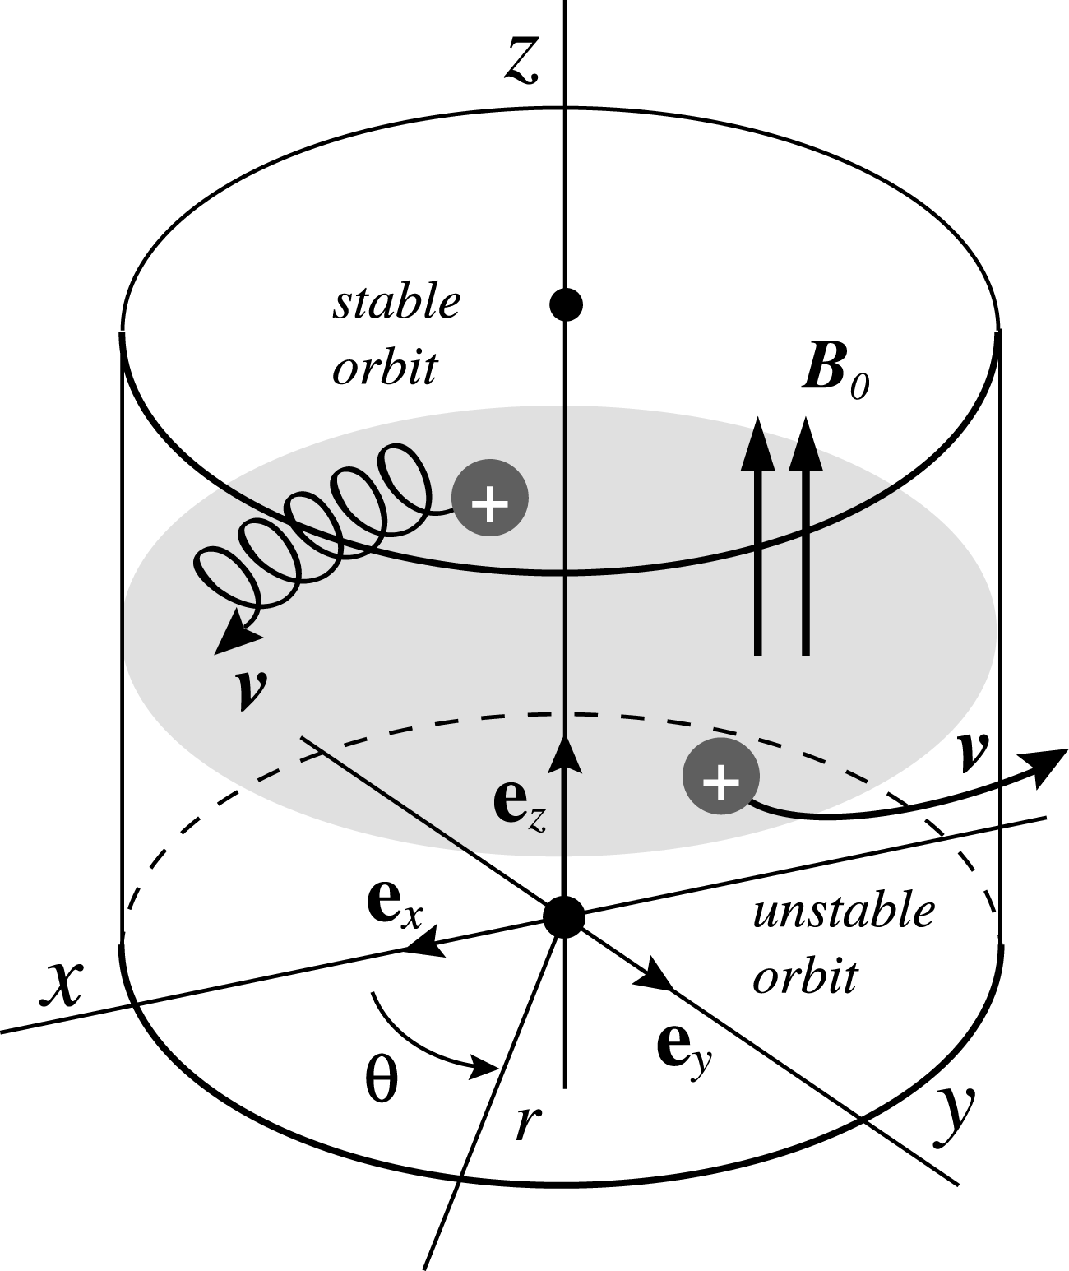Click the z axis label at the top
coord(521,61)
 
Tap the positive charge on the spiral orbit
coord(490,498)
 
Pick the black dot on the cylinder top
coord(566,304)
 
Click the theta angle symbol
coord(382,1079)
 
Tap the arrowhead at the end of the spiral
coord(238,639)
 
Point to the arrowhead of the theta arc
coord(484,1069)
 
